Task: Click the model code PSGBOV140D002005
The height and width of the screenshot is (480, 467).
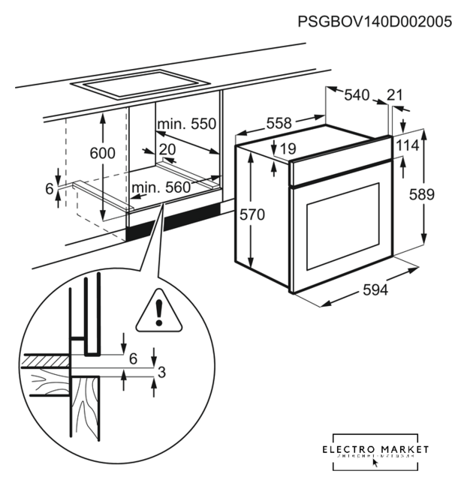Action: tap(375, 22)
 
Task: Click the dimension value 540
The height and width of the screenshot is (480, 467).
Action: tap(357, 95)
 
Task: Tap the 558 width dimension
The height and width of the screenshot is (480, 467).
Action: tap(279, 122)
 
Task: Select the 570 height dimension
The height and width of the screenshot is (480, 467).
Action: tap(252, 214)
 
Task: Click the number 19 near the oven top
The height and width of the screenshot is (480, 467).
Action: tap(286, 149)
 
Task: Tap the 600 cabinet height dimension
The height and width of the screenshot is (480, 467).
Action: tap(102, 153)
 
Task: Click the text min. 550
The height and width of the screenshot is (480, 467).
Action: tap(186, 124)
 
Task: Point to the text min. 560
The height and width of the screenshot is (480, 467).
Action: tap(161, 187)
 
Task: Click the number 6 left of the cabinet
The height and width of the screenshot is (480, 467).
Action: tap(50, 189)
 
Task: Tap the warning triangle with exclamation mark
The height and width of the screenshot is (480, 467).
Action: tap(158, 311)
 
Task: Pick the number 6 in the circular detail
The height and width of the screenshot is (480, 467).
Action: tap(133, 358)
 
